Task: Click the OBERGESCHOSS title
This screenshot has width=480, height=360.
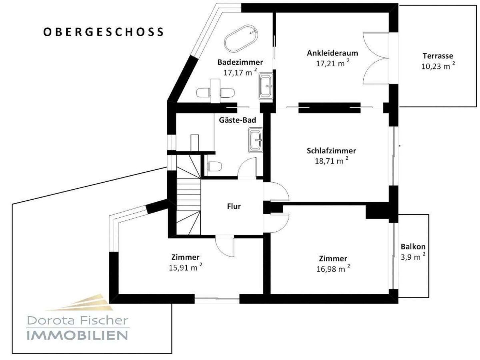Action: coord(103,32)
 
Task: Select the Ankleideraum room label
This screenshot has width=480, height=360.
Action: coord(332,53)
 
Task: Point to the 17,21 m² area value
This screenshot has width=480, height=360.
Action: coord(332,63)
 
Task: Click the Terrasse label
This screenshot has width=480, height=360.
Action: coord(438,56)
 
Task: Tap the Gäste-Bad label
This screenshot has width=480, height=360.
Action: coord(237,120)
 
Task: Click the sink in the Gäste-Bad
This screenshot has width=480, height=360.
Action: coord(255,140)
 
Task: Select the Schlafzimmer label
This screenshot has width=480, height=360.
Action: coord(331,151)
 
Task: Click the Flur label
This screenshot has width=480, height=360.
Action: coord(234,206)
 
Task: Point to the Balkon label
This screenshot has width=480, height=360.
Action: coord(413,247)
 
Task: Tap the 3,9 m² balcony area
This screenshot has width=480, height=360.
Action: coord(413,257)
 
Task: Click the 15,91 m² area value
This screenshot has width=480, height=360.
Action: coord(185,267)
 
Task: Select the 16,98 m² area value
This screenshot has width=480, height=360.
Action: coord(333,269)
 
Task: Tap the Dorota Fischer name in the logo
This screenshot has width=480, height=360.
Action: coord(77,320)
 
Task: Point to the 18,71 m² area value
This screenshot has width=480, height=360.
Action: coord(331,161)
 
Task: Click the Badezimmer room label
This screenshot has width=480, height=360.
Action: coord(240,62)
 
